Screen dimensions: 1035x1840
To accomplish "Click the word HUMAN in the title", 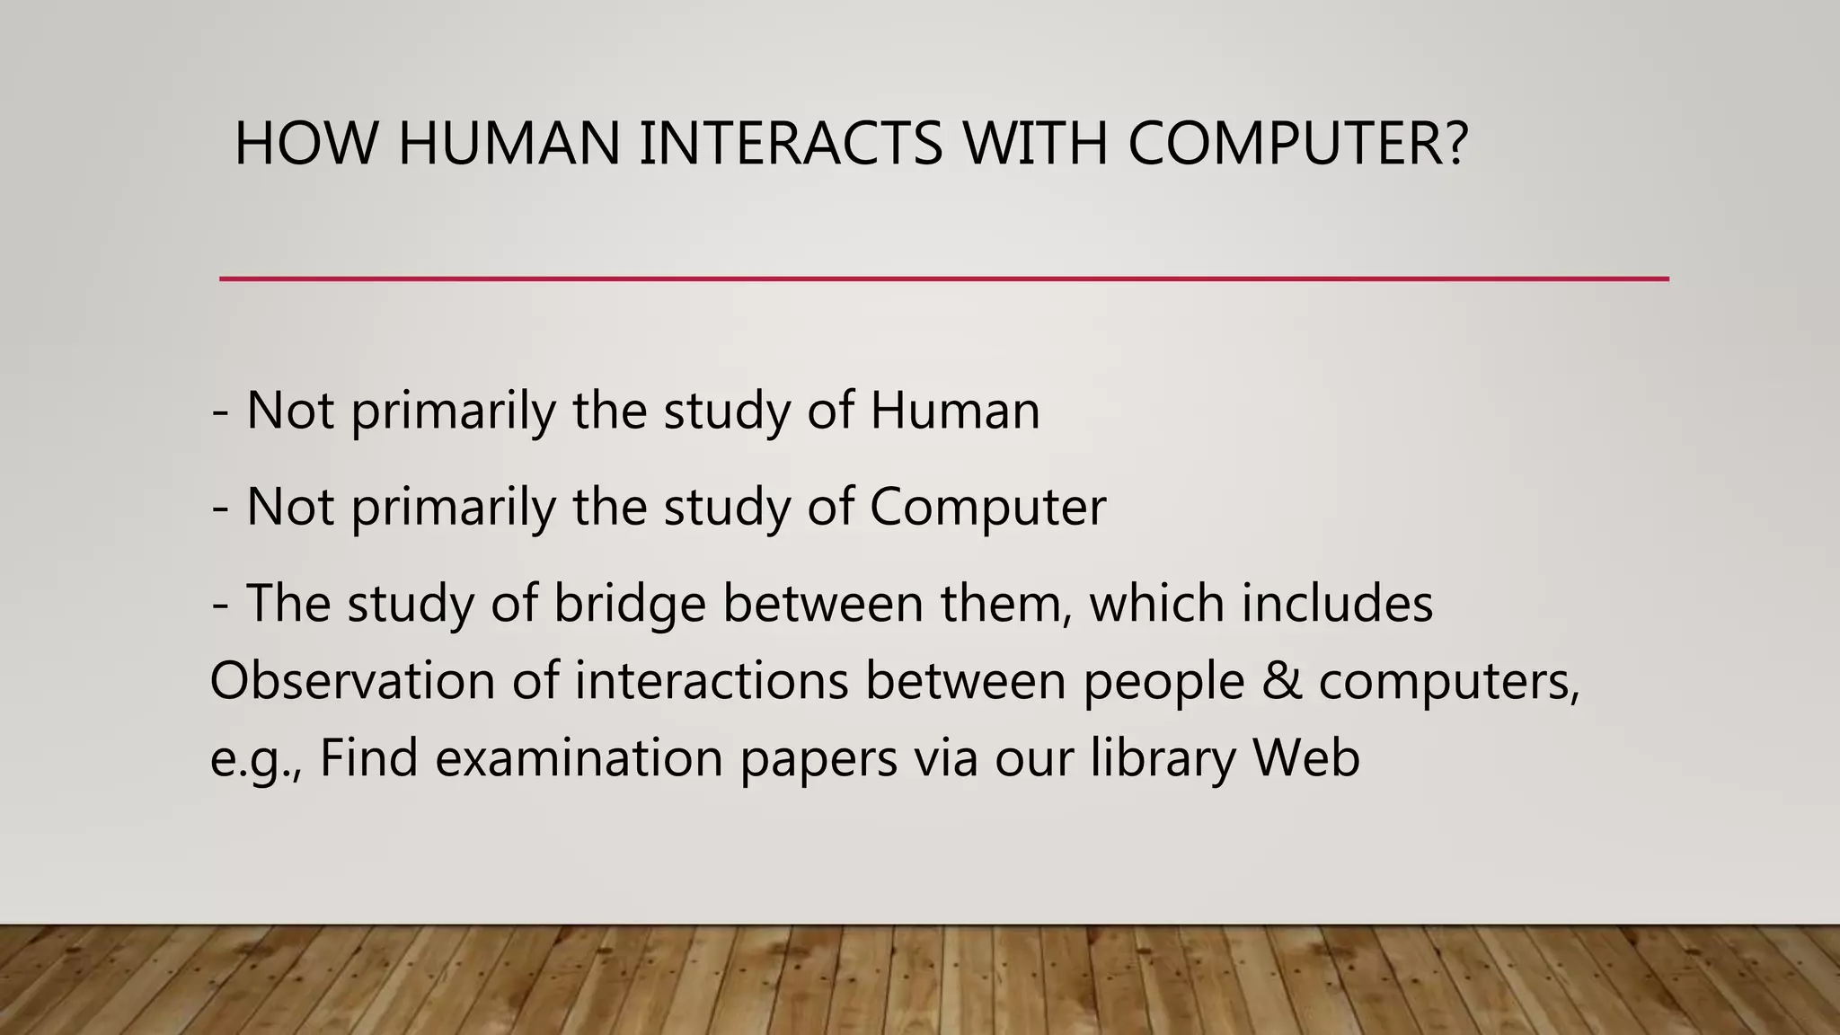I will click(509, 144).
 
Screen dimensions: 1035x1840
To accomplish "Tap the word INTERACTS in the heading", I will click(791, 144).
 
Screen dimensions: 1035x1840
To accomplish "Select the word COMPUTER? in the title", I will click(1298, 144).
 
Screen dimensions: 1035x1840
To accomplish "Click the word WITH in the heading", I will click(1035, 144).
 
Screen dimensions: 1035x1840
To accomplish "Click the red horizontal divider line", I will click(943, 279).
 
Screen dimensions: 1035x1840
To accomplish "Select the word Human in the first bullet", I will click(954, 411).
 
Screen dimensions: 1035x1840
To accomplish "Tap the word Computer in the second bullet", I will click(987, 507).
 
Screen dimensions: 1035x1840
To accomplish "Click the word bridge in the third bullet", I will click(629, 604).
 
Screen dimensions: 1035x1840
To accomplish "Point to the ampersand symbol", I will click(1282, 681).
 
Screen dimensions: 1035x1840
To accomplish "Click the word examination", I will click(579, 758).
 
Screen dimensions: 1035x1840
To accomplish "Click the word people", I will click(1163, 683).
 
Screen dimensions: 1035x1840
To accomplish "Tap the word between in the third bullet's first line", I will click(823, 604).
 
